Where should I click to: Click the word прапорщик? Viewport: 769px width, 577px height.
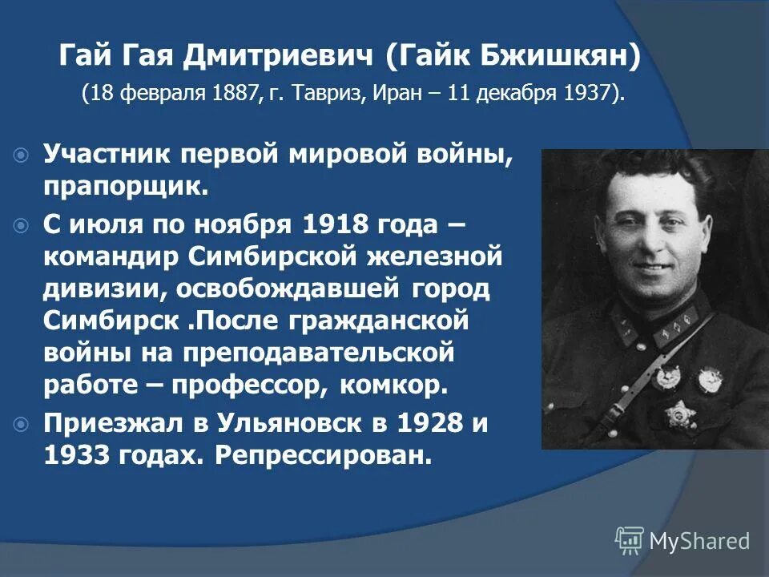125,187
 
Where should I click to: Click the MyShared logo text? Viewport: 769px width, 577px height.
699,541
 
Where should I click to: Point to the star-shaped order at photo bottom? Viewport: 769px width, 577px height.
680,416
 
